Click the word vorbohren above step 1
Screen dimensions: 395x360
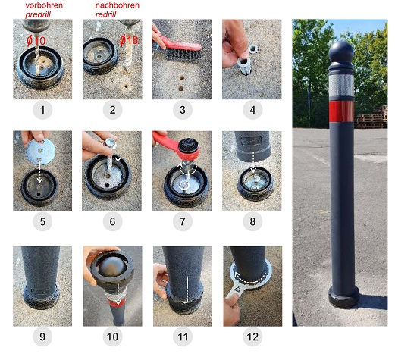point(44,5)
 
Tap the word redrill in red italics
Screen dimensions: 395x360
point(106,14)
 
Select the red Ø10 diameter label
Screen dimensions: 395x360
point(36,41)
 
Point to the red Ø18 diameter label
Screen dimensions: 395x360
point(129,40)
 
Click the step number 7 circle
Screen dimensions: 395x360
point(183,221)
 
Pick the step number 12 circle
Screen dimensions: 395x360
point(252,337)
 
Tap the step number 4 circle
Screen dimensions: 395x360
point(252,110)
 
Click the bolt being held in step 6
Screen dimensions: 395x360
point(110,157)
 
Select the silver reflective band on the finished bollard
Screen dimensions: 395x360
point(341,86)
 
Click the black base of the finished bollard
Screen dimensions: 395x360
point(343,298)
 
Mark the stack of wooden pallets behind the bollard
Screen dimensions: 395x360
point(371,117)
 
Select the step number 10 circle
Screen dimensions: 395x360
point(113,337)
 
